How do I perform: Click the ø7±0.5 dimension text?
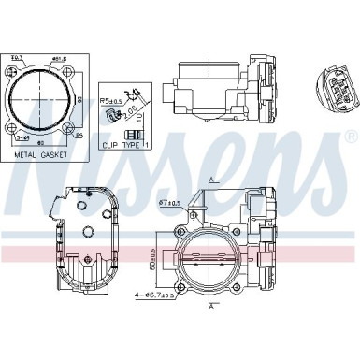tap(169, 203)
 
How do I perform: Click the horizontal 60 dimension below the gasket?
tap(42, 143)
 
